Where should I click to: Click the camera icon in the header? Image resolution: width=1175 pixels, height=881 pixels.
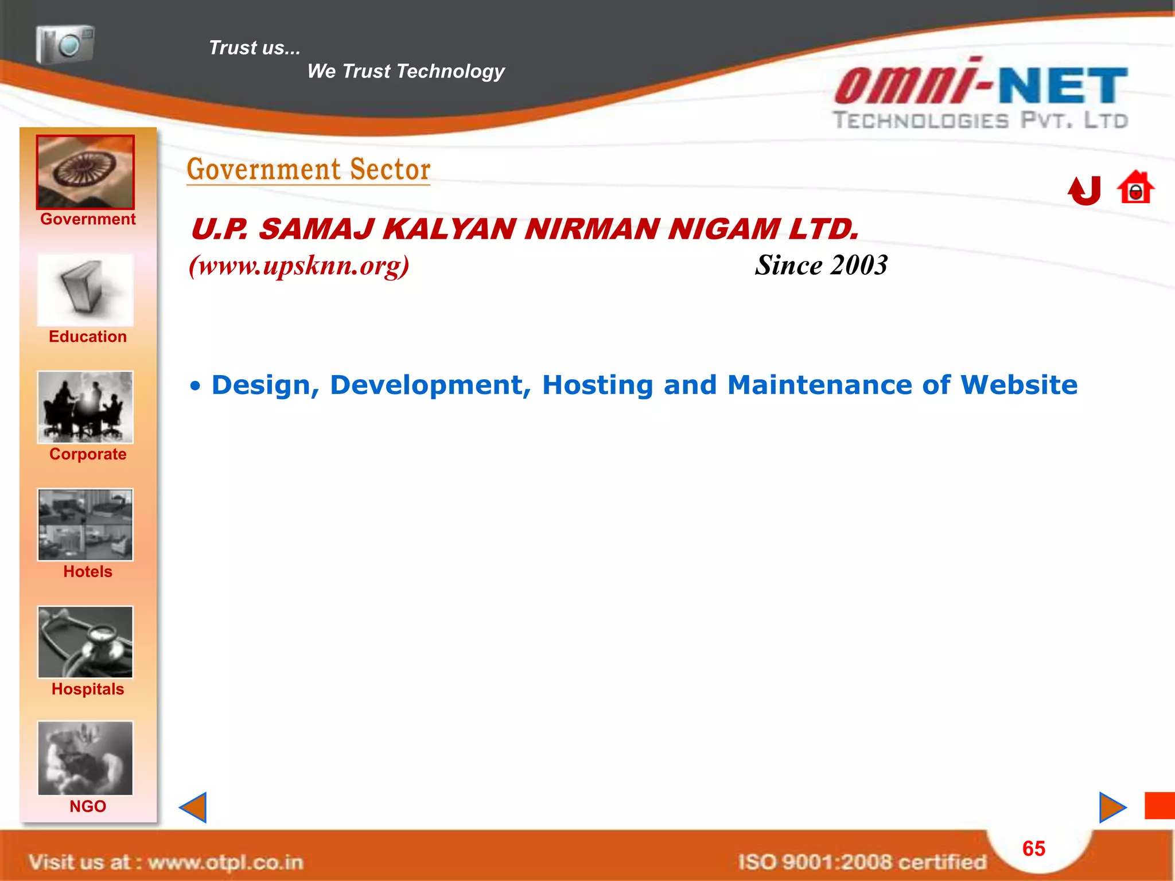(x=65, y=44)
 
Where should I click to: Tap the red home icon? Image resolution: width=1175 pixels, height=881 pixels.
(x=1135, y=188)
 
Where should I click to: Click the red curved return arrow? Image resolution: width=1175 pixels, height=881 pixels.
(x=1084, y=190)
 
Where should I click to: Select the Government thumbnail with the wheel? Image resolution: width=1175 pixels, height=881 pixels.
(x=85, y=172)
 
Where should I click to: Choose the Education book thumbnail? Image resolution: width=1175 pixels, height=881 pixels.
(x=85, y=290)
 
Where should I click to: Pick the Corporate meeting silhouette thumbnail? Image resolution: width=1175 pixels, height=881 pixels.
(x=85, y=407)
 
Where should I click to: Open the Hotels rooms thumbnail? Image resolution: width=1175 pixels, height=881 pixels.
(x=85, y=525)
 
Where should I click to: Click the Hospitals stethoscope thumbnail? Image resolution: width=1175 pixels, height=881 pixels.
(x=85, y=642)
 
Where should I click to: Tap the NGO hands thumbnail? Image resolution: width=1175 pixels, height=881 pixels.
(x=85, y=758)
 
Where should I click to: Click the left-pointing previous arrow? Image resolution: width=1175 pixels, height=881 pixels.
(x=194, y=808)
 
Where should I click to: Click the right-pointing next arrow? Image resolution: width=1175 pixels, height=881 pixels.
(x=1112, y=808)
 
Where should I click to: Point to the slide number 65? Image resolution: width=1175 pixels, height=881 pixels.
(x=1034, y=849)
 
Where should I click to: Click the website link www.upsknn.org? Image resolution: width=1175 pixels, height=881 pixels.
(x=299, y=266)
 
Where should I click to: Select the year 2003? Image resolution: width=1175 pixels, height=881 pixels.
(x=859, y=266)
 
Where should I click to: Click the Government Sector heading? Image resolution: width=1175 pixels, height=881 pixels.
(x=309, y=170)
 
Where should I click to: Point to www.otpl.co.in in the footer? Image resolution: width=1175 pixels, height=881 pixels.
(x=225, y=862)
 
